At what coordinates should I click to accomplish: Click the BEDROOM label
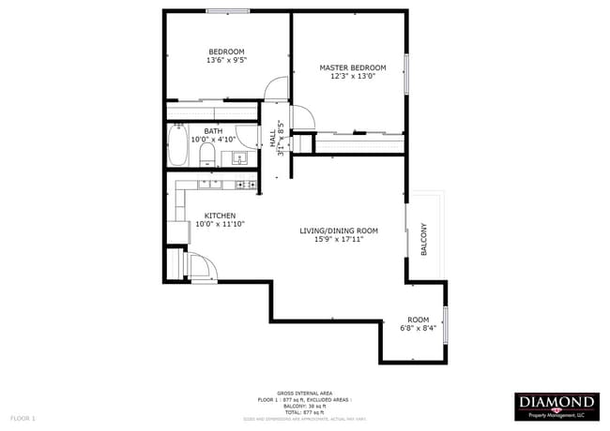226,52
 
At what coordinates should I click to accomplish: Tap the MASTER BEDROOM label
352,67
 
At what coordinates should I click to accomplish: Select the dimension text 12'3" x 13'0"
352,77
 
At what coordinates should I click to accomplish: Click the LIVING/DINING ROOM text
338,230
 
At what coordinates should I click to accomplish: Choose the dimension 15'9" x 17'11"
338,240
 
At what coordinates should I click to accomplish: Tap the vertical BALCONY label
424,239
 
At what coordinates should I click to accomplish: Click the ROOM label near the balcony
418,319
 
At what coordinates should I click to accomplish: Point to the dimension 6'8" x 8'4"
418,328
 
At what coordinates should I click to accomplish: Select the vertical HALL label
273,137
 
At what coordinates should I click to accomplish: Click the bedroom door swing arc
275,89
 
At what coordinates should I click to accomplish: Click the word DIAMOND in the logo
557,402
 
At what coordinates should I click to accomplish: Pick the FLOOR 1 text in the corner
23,417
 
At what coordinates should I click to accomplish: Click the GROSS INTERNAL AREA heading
305,394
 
